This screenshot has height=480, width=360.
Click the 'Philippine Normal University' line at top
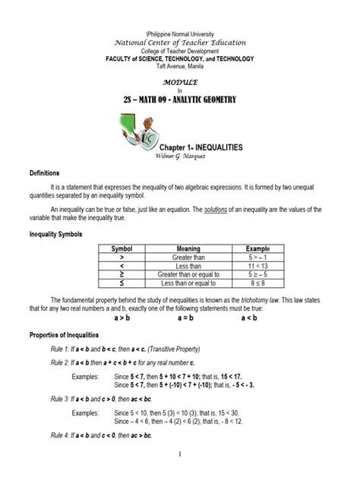click(180, 35)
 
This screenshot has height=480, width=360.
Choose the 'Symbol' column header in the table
click(122, 248)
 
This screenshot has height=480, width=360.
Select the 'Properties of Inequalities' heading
click(68, 335)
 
